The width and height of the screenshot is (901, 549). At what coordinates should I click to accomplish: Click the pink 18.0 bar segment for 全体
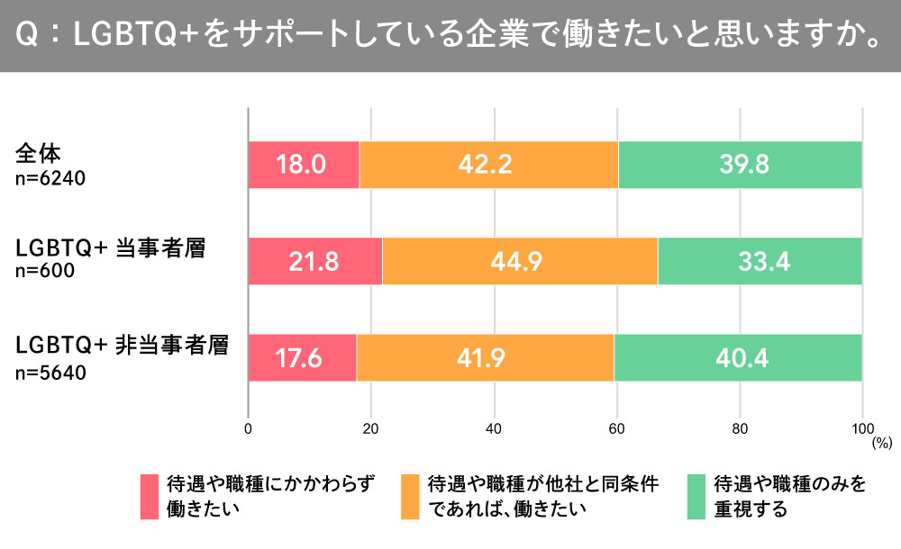coord(304,165)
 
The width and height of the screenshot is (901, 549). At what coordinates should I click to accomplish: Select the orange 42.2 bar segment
coord(488,165)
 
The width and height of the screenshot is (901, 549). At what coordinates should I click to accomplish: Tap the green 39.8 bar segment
coord(741,165)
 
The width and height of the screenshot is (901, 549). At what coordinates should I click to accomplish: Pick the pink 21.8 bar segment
coord(315,261)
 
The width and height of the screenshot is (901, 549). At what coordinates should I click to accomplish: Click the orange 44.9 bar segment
coord(520,261)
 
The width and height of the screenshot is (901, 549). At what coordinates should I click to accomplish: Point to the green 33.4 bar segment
coord(760,261)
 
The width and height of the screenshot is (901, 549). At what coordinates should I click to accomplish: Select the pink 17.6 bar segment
coord(303,357)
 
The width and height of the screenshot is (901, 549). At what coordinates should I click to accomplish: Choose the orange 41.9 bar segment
coord(485,357)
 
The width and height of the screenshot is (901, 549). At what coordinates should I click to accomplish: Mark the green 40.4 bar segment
coord(739,357)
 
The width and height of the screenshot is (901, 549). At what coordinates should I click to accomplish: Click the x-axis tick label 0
coord(248,428)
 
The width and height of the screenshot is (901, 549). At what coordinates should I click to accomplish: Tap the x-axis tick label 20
coord(370,428)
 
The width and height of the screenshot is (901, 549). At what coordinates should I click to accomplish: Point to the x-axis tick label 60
coord(616,428)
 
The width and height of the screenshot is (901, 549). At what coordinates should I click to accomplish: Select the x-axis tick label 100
coord(862,428)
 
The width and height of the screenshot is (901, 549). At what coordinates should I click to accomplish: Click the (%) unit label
coord(880,443)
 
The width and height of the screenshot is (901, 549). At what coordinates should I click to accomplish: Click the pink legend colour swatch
coord(150,496)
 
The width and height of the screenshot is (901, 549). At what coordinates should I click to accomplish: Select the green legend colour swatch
coord(696,496)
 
